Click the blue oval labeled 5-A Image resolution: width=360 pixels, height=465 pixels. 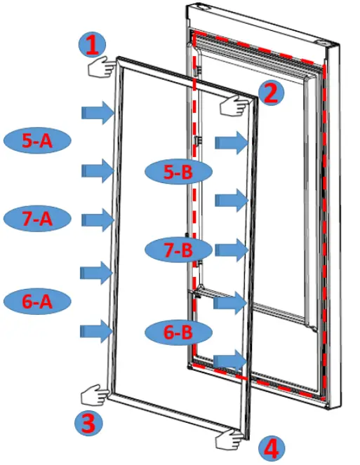pyautogui.click(x=37, y=140)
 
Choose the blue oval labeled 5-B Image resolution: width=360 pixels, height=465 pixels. pyautogui.click(x=178, y=172)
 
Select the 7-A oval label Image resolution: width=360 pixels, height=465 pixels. pyautogui.click(x=37, y=218)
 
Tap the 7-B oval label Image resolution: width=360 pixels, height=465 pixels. pyautogui.click(x=178, y=249)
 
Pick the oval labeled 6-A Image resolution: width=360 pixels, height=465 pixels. pyautogui.click(x=37, y=302)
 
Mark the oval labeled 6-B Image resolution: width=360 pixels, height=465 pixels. pyautogui.click(x=178, y=332)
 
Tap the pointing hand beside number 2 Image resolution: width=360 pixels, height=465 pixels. pyautogui.click(x=236, y=105)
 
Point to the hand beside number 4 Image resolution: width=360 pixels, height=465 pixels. pyautogui.click(x=232, y=440)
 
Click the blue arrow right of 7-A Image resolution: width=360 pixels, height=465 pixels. pyautogui.click(x=98, y=220)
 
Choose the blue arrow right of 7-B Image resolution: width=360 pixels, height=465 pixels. pyautogui.click(x=232, y=248)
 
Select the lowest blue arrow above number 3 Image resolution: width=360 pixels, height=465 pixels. pyautogui.click(x=98, y=330)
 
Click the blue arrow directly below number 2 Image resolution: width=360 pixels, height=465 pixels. pyautogui.click(x=232, y=142)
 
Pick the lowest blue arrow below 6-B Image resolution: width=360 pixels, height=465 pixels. pyautogui.click(x=230, y=360)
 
